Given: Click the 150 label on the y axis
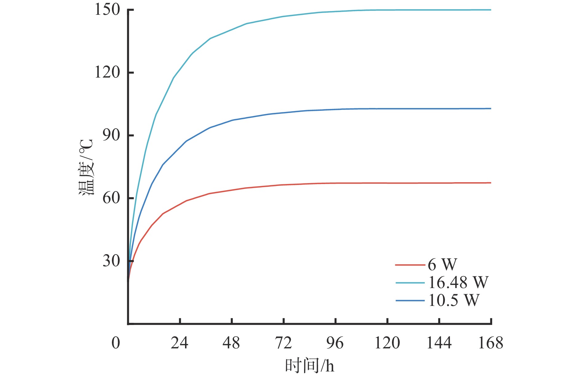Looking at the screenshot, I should pos(107,10).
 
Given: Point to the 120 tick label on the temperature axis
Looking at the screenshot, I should pos(107,73).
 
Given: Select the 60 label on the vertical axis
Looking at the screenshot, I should pos(111,198).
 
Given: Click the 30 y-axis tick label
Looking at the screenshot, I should pos(111,261).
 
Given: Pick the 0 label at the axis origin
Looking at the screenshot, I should pos(116,343).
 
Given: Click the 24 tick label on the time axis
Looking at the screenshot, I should pos(180,343).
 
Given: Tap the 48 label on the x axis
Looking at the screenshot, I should pos(231,343).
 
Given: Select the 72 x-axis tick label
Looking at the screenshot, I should pos(283,343).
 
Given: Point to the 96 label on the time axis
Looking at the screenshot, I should pos(335,343).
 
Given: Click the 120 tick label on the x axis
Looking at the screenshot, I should pos(387,343).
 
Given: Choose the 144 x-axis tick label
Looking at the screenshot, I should pos(439,343).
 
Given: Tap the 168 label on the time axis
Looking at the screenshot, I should pos(491,343).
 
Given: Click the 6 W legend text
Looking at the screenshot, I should pos(442,264).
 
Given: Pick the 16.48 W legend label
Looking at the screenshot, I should pos(458,282).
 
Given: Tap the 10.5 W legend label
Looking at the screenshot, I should pos(454,300).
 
